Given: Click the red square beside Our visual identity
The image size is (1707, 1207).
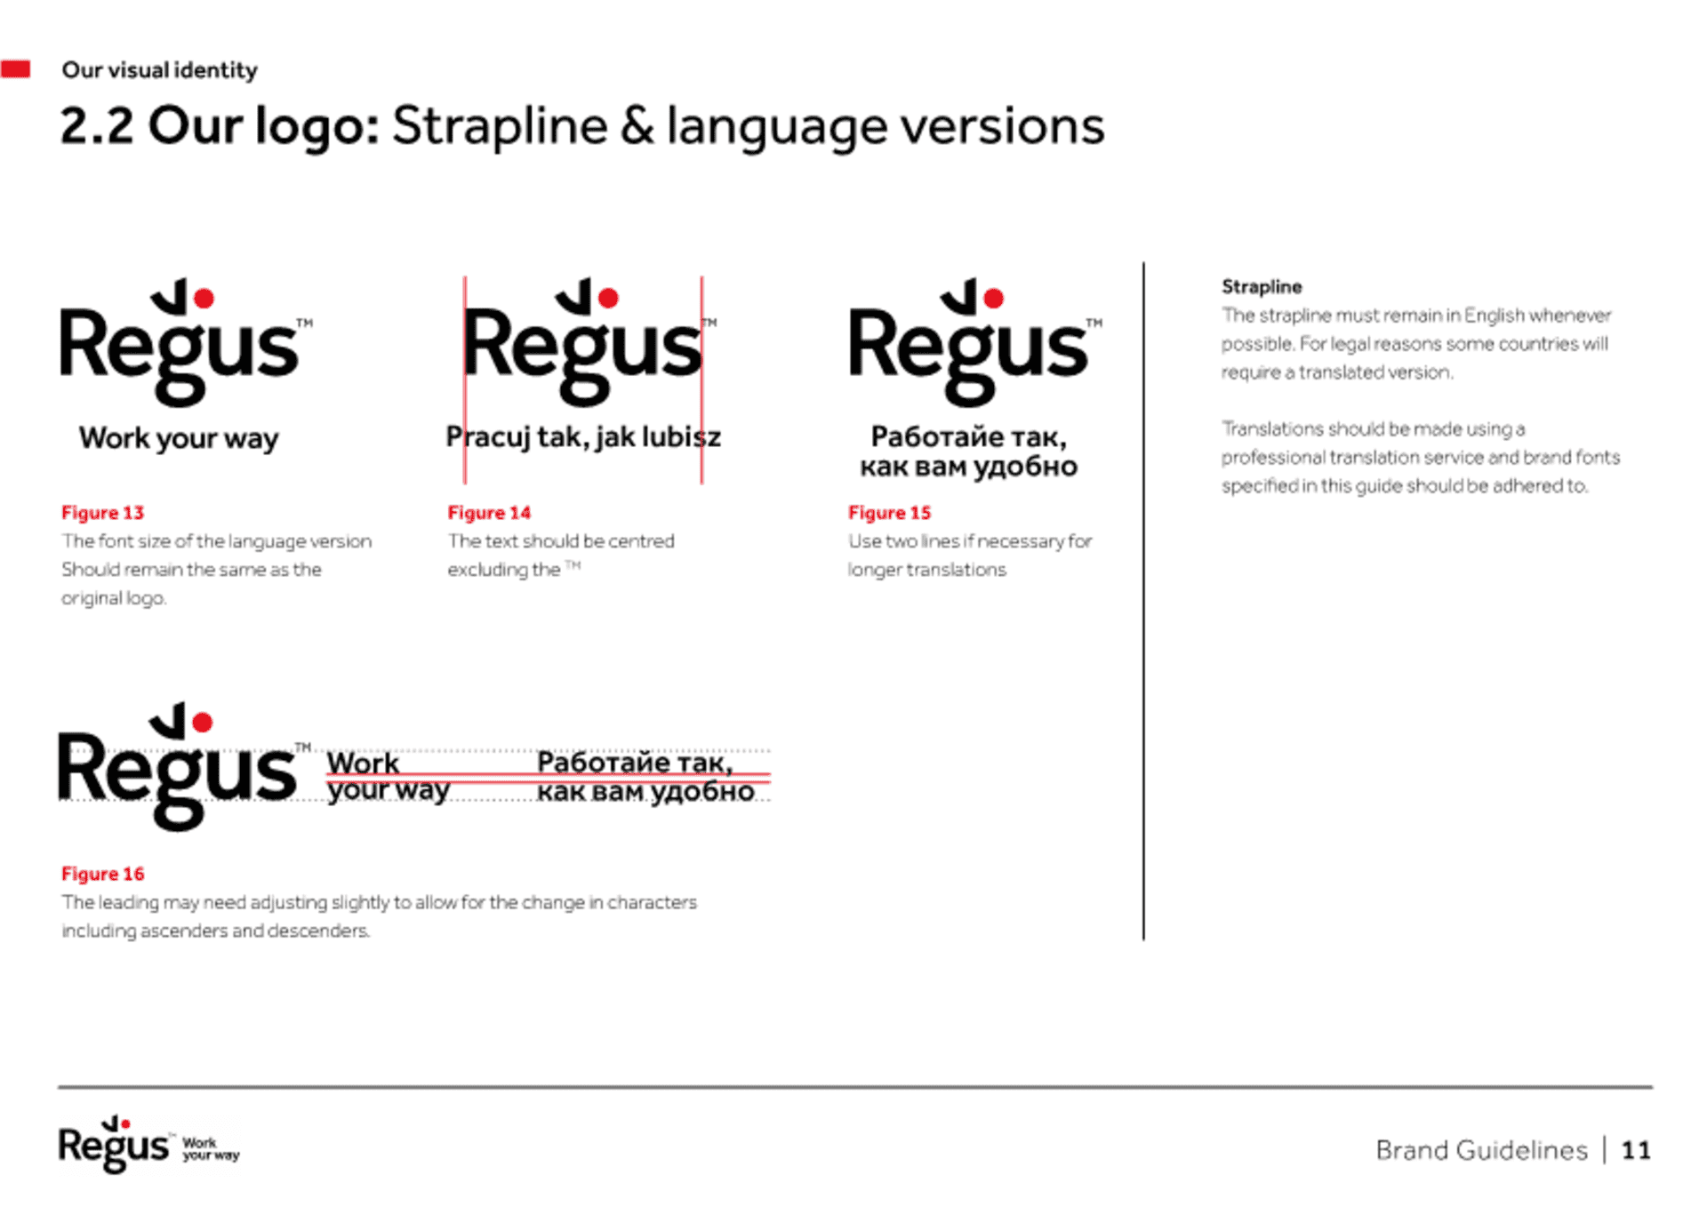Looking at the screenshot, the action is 15,68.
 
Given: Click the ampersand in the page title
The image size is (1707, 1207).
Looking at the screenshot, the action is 637,125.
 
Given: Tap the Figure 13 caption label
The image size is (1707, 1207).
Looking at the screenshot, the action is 102,513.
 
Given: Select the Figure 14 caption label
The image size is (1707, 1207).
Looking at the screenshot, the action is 489,513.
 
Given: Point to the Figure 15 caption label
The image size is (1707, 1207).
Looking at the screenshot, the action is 889,513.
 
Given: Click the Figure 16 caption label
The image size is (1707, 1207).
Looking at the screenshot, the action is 102,874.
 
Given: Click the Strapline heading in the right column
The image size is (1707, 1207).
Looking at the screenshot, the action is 1262,287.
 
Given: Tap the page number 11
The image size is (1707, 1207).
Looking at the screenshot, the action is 1636,1150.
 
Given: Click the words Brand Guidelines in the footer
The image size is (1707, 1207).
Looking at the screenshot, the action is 1481,1150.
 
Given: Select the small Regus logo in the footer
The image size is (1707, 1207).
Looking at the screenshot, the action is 148,1145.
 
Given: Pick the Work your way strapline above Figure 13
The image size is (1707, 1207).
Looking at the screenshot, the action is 179,438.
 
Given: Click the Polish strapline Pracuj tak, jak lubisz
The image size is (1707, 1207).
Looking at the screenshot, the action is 583,437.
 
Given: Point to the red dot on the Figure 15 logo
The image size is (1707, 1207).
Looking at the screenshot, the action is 994,298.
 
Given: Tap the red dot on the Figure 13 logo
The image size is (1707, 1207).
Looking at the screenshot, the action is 204,299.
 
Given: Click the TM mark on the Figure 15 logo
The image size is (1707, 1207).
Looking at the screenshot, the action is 1094,323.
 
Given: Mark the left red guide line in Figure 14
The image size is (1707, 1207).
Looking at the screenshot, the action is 464,380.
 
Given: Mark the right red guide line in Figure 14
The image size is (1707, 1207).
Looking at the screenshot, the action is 701,380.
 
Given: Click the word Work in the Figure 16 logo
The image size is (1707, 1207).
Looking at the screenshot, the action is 363,763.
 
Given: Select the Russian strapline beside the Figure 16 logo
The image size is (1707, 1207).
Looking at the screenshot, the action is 645,777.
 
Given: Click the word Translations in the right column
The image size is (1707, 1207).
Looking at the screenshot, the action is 1272,429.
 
